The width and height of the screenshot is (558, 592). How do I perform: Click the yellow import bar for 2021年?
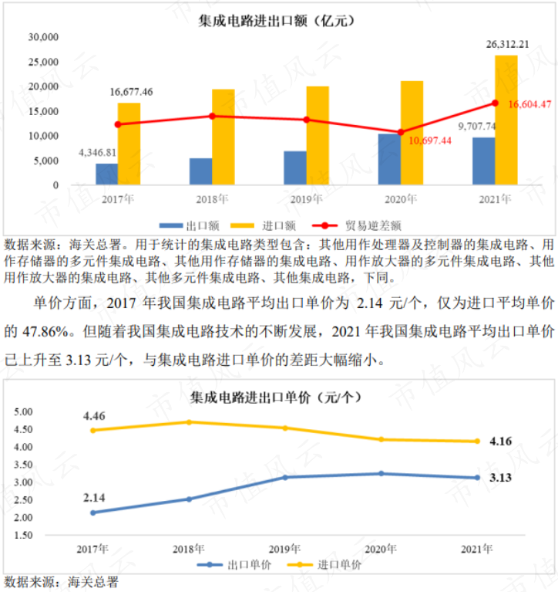coord(506,120)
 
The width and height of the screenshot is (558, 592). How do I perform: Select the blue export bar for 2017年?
coord(106,174)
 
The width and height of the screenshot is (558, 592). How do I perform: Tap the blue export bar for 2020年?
coord(389,159)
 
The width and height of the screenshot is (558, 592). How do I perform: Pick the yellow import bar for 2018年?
coord(224,137)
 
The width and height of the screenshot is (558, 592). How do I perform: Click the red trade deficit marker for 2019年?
coord(307,120)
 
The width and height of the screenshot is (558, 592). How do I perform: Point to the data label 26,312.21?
coord(507,45)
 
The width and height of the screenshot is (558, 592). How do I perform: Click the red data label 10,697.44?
coord(430,140)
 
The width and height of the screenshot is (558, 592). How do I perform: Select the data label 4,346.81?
coord(97,153)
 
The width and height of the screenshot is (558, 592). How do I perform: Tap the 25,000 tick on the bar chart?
coord(43,62)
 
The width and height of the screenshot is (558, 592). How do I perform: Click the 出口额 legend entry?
coord(190,226)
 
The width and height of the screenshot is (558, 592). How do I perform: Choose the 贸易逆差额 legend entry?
coord(357,226)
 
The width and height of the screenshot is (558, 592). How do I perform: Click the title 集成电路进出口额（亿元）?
coord(277,21)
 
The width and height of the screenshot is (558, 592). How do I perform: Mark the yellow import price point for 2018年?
coord(190,422)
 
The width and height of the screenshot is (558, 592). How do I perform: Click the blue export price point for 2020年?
coord(382,473)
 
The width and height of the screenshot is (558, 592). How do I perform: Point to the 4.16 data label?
coord(501,441)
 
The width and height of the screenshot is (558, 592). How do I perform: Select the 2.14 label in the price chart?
coord(94,498)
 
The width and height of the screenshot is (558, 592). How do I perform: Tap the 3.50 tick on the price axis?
coord(23,465)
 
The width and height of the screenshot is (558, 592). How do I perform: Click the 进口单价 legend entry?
coord(324,565)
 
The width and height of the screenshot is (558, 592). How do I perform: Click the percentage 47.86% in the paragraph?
coord(46,332)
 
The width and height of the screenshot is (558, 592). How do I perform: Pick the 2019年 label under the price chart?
coord(284,549)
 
